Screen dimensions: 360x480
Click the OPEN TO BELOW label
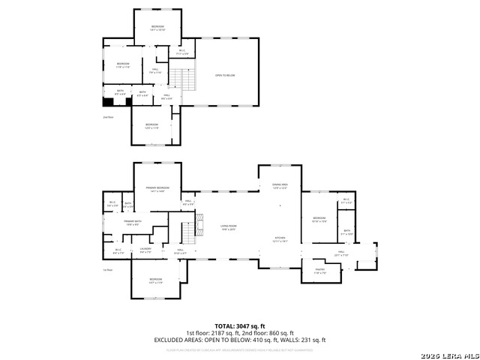(x=225, y=75)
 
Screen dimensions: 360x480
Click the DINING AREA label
(x=280, y=185)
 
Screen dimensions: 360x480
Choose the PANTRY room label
(x=319, y=271)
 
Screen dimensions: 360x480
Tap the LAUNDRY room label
(x=146, y=250)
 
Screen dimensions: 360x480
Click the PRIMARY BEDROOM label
(x=158, y=189)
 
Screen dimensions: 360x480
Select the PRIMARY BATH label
(x=133, y=223)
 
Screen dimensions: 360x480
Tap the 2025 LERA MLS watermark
(x=449, y=355)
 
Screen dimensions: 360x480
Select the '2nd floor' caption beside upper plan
(x=108, y=117)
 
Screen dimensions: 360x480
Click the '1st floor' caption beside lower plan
(x=108, y=270)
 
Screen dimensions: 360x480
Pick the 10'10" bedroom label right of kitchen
(x=319, y=220)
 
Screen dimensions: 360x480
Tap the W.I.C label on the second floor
(x=181, y=52)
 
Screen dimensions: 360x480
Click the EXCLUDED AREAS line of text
(x=240, y=340)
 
